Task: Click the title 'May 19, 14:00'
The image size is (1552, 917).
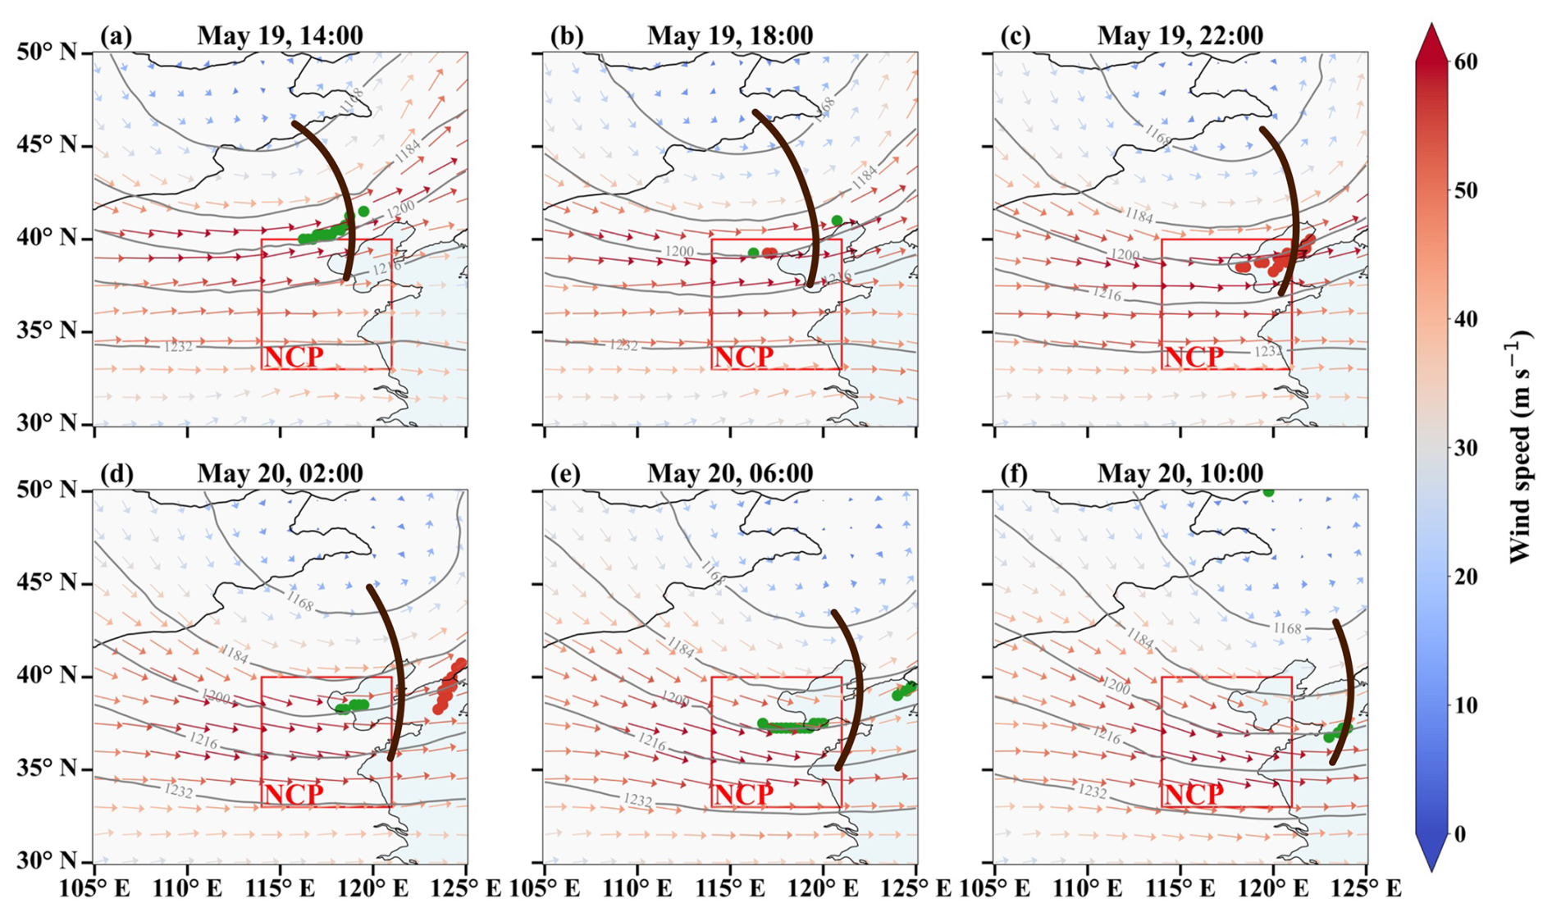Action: point(280,35)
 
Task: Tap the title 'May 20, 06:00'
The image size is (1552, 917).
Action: point(730,473)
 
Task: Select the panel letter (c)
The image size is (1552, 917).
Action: point(1016,35)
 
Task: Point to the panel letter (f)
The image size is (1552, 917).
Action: point(1016,473)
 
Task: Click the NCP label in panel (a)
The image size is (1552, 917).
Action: point(293,357)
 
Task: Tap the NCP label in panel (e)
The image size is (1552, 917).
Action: point(743,794)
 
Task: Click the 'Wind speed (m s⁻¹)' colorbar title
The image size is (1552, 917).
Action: point(1520,446)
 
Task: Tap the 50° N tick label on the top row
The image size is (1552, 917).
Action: point(46,52)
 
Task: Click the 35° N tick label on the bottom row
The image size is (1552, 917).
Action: point(46,769)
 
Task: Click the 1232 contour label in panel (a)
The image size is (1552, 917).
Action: point(178,346)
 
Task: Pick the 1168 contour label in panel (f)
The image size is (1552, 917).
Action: point(1287,628)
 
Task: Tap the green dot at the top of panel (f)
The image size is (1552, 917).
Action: point(1268,491)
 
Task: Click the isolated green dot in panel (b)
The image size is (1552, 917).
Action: point(837,220)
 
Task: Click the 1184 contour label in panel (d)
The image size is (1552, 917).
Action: point(235,655)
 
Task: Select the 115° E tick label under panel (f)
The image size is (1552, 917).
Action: point(1181,888)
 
